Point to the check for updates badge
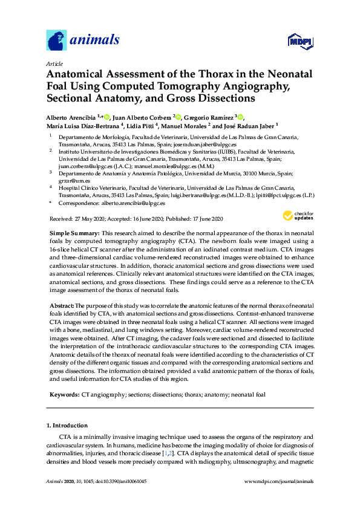(297, 216)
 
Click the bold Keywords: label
(64, 394)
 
